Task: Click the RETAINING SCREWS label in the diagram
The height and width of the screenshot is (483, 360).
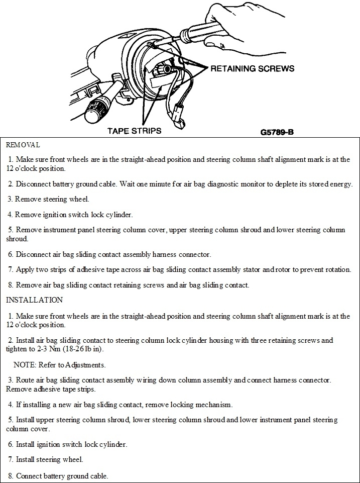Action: point(252,68)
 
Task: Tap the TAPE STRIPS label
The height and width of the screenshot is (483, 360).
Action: point(134,131)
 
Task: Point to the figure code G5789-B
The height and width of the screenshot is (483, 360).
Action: point(277,133)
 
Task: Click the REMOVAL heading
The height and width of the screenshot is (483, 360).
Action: point(23,145)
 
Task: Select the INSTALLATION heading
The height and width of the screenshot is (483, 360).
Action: point(34,300)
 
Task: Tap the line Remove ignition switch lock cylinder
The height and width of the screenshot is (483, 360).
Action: point(70,215)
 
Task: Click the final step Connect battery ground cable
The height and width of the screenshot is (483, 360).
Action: point(58,475)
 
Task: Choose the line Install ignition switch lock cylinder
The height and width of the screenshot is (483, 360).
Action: point(67,444)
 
